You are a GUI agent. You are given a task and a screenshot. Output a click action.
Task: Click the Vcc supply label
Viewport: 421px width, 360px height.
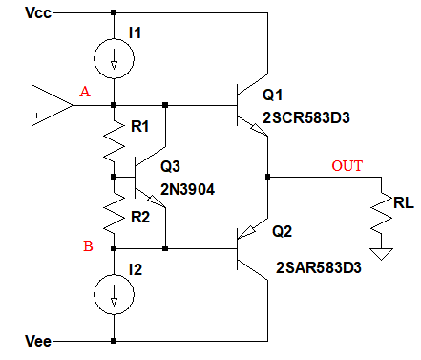pos(38,13)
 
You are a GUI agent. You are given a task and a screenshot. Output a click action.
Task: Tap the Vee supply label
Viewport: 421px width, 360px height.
pos(38,341)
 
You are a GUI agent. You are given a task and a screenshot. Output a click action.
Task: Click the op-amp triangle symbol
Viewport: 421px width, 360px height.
pos(32,105)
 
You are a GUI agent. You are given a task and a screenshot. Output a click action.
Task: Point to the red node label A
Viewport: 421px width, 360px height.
pos(85,92)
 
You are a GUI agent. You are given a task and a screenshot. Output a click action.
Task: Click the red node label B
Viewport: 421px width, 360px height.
pos(88,246)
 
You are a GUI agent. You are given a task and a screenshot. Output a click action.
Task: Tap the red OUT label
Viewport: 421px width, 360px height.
pos(347,166)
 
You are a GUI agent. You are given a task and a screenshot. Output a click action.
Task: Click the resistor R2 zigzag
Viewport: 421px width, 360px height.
pos(114,213)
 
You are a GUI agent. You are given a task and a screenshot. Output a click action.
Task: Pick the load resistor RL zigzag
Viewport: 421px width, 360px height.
pos(381,213)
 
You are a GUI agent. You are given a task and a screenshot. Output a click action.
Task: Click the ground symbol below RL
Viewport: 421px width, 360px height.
pos(381,254)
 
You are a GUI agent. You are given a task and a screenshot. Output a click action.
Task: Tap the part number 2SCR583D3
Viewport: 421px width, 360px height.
pos(306,117)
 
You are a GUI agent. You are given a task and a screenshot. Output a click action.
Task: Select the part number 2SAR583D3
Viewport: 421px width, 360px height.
pos(319,267)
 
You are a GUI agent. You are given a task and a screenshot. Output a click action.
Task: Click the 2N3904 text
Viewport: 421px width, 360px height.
pos(187,190)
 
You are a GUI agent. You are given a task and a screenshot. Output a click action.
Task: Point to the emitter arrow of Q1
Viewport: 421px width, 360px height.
pos(259,130)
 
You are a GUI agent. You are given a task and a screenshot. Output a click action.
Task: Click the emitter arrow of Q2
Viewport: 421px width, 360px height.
pos(246,232)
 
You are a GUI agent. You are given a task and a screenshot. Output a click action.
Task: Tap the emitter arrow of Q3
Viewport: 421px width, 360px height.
pos(157,201)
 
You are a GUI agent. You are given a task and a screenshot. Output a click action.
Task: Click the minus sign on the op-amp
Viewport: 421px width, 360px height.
pos(37,95)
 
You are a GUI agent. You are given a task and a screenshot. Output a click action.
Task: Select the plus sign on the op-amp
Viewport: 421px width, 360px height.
pos(37,116)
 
